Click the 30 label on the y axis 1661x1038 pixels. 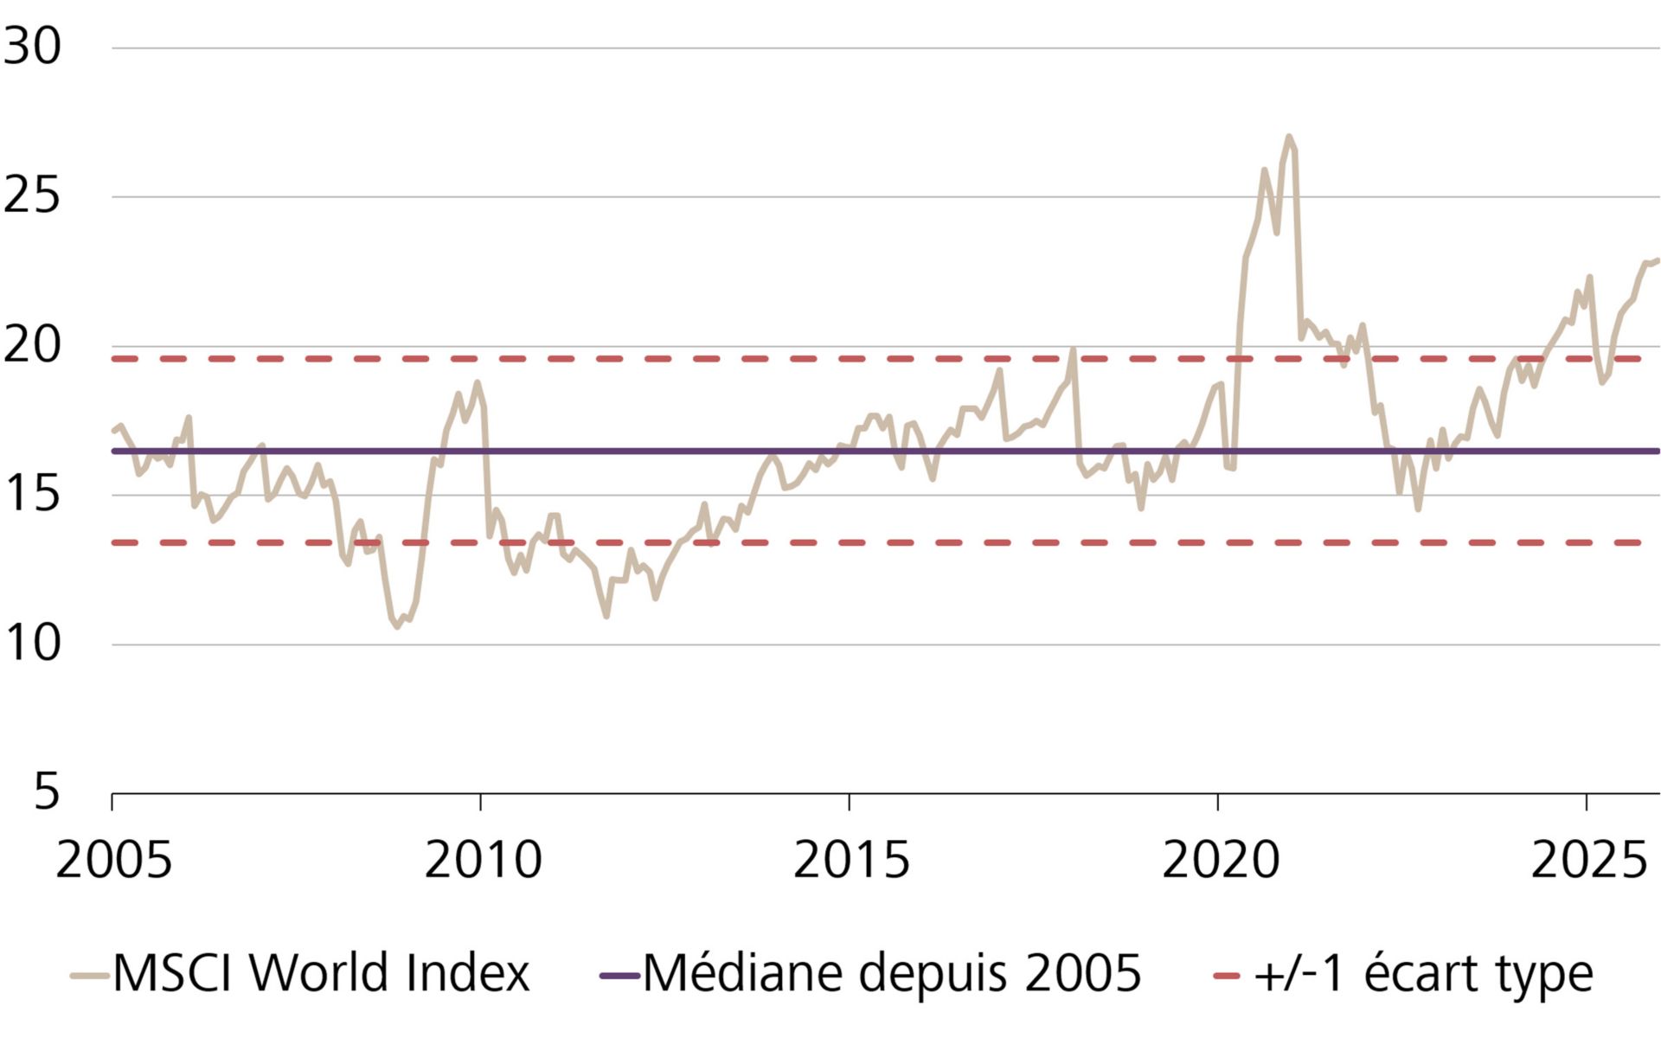pos(32,46)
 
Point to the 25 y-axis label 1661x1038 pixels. pos(32,195)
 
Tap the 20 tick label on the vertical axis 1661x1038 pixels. pos(32,345)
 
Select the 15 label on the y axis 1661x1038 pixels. pos(32,494)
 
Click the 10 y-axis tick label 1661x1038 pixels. pos(32,644)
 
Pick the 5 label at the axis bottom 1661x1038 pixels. pos(47,791)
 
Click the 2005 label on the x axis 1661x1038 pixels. pos(113,861)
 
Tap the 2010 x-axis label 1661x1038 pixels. pos(482,861)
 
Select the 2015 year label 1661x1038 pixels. pos(850,861)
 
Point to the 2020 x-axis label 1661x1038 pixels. pos(1219,861)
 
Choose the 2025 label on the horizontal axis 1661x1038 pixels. pos(1588,861)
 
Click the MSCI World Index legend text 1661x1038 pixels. pos(320,974)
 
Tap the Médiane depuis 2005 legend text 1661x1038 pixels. pos(891,974)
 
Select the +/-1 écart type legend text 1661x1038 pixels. pos(1423,974)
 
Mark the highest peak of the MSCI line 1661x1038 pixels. pos(1289,137)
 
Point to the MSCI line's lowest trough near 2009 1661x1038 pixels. pos(397,626)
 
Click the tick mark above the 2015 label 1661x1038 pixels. pos(850,802)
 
